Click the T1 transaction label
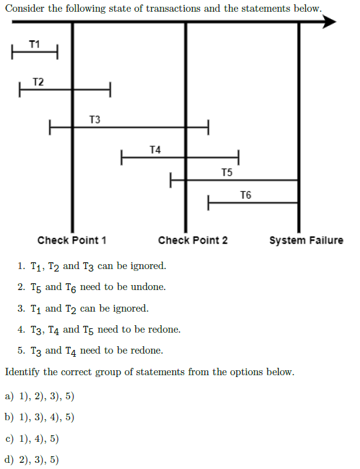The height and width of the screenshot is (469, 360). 35,44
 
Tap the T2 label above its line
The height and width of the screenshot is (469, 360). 38,81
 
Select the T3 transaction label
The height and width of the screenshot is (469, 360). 95,119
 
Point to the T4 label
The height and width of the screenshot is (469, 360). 155,149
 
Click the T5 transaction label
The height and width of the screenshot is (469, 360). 227,172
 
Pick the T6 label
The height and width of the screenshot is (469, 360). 246,195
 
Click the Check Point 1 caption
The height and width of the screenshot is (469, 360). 72,240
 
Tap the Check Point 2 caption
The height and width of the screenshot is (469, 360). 193,240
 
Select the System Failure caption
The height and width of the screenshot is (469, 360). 306,240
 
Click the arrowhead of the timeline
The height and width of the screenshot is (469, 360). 330,22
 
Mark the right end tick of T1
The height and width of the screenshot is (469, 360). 57,52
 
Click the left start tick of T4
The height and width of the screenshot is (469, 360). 122,157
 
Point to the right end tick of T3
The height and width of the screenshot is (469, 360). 208,127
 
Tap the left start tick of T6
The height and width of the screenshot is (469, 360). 208,203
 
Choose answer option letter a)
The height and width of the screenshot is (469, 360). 9,396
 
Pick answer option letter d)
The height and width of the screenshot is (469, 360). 9,459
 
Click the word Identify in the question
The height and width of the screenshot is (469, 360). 22,371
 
